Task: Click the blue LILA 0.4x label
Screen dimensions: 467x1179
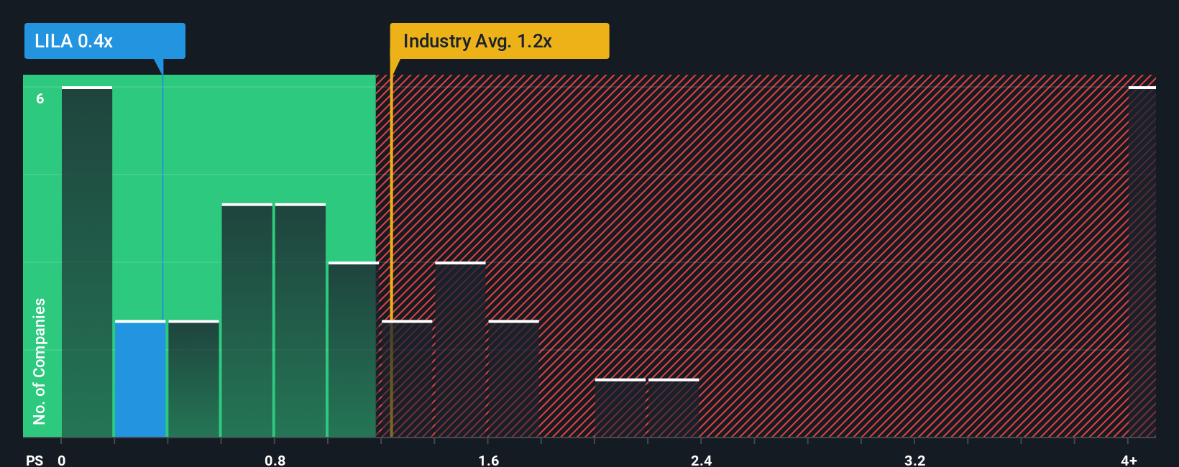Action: point(104,41)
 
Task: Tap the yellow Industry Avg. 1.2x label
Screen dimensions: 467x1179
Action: point(499,41)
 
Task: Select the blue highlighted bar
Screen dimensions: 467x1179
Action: point(140,379)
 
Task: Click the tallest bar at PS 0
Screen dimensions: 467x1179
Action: point(87,262)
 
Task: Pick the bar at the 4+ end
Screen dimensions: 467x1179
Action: point(1142,262)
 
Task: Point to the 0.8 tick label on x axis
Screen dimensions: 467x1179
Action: point(275,460)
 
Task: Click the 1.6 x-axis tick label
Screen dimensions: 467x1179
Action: point(488,460)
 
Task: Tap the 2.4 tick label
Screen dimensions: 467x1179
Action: point(701,460)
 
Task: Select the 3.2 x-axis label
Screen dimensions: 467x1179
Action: point(914,460)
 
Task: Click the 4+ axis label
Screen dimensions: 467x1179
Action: point(1129,460)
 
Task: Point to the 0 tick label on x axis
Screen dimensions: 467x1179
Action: point(62,460)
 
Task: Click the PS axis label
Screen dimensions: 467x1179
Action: point(35,460)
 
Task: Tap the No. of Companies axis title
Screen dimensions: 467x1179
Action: point(40,361)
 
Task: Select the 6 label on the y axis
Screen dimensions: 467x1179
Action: point(40,98)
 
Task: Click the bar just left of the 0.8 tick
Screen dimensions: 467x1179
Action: point(247,320)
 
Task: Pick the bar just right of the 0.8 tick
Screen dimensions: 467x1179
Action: point(301,320)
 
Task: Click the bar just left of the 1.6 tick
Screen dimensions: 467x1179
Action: point(460,350)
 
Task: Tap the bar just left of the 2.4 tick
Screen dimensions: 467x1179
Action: point(674,408)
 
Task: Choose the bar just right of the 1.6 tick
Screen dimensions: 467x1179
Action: point(513,379)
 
